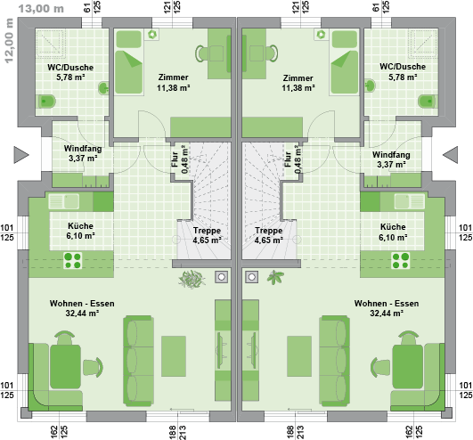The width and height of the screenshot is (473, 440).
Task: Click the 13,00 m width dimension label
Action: point(41,8)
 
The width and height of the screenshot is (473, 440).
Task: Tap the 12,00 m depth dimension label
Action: point(9,40)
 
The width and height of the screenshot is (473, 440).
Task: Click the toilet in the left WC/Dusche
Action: point(46,102)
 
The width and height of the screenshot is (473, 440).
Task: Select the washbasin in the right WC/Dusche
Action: point(370,86)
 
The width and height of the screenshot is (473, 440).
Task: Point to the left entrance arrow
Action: point(21,155)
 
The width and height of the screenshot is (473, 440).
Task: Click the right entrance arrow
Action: point(450,155)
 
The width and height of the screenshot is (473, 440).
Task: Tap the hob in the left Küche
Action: point(73,261)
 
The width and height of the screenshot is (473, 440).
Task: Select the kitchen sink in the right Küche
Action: point(410,201)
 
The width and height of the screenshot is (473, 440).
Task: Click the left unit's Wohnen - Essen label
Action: point(82,303)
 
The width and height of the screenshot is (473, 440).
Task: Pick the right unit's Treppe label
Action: point(269,231)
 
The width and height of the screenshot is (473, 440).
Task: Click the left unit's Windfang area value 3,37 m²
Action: point(83,158)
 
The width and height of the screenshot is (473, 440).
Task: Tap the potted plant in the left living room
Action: point(192,279)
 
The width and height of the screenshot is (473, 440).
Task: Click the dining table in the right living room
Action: point(408,367)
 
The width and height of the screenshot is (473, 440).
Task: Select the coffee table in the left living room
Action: point(174,356)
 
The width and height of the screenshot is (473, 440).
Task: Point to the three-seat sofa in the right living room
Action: point(335,361)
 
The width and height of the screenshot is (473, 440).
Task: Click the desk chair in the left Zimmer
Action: point(201,53)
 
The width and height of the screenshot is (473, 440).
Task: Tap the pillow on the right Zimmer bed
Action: point(345,38)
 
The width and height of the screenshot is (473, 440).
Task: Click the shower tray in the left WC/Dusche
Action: point(51,43)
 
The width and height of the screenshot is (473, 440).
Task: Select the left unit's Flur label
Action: point(175,159)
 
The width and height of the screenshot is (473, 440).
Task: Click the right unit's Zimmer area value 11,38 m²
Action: point(298,88)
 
